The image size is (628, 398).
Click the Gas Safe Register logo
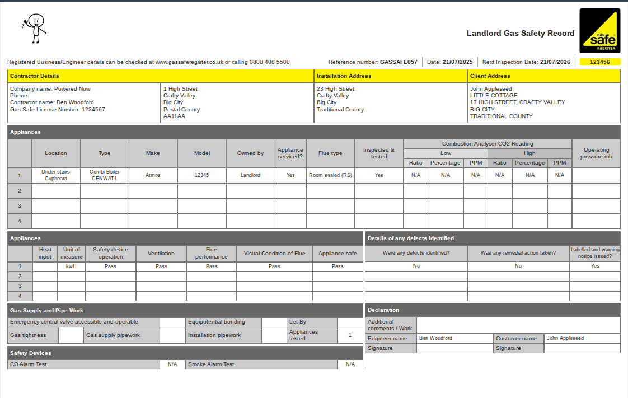[x=599, y=31]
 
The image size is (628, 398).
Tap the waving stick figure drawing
[x=34, y=28]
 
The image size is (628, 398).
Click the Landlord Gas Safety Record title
[x=521, y=33]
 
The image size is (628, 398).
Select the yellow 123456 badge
[x=600, y=62]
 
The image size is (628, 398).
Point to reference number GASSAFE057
[x=399, y=62]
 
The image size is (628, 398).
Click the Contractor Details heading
[x=35, y=76]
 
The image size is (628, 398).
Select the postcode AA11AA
[x=174, y=116]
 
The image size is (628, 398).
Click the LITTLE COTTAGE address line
[x=494, y=96]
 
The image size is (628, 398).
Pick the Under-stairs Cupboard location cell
[x=55, y=175]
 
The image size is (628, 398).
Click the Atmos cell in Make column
[x=153, y=175]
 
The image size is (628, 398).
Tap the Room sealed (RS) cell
[x=330, y=175]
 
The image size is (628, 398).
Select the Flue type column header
[x=330, y=153]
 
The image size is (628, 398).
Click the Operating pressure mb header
[x=596, y=153]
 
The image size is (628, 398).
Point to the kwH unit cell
[x=71, y=266]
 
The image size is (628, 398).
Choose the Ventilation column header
[x=161, y=254]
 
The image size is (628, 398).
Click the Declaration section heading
[x=383, y=310]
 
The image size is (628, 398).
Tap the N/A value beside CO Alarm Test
[x=172, y=364]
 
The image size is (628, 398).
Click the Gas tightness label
[x=28, y=335]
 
